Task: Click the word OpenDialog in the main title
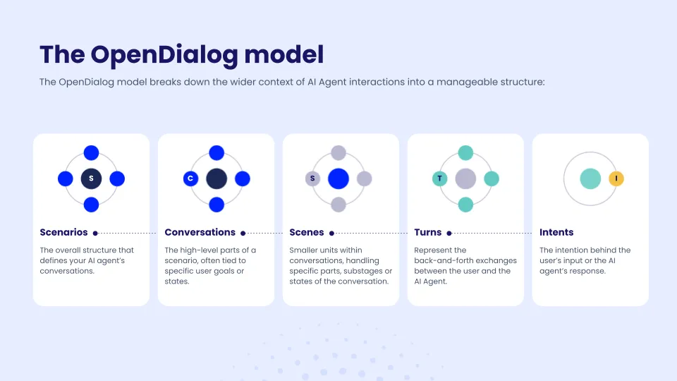coord(164,55)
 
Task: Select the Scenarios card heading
coord(63,232)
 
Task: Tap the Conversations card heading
coord(200,232)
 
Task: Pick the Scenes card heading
coord(307,232)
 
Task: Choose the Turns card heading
coord(428,232)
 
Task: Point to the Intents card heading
coord(556,232)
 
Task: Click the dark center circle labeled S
coord(91,179)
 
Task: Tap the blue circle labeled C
coord(190,179)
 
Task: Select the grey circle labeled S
coord(312,179)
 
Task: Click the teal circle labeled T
coord(439,179)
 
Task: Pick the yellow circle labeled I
coord(616,179)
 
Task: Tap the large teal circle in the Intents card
coord(590,179)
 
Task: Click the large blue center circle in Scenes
coord(338,179)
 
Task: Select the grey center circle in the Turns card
coord(465,179)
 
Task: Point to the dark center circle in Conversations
coord(216,179)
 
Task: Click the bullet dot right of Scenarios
coord(95,234)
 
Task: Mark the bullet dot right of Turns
coord(449,234)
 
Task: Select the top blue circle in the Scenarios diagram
coord(91,152)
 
